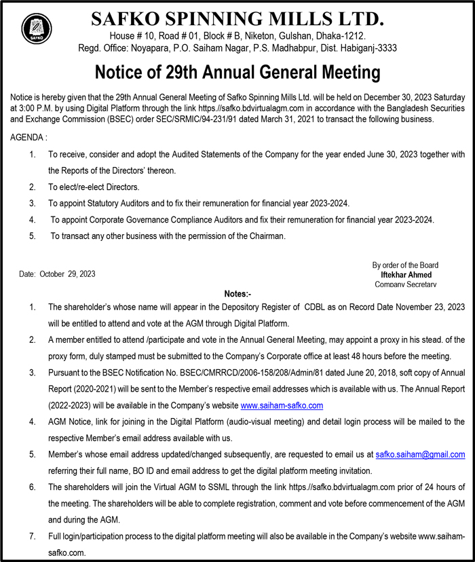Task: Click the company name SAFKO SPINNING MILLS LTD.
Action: pyautogui.click(x=237, y=18)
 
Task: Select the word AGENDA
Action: pyautogui.click(x=26, y=137)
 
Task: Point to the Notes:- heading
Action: pyautogui.click(x=237, y=294)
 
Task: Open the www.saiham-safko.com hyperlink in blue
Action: pyautogui.click(x=282, y=405)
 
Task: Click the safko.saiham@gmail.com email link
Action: pyautogui.click(x=420, y=454)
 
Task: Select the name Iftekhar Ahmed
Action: pyautogui.click(x=405, y=274)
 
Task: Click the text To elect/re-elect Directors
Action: pyautogui.click(x=94, y=187)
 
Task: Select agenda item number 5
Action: pyautogui.click(x=33, y=236)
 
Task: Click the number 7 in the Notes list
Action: pyautogui.click(x=33, y=536)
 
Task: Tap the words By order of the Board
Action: pyautogui.click(x=405, y=265)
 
